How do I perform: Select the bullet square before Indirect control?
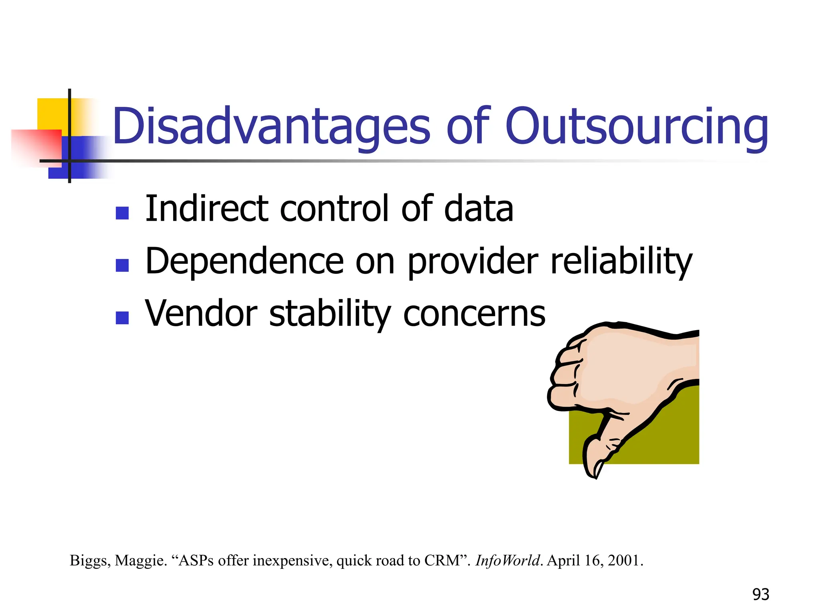click(x=122, y=213)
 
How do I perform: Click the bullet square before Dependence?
click(x=122, y=265)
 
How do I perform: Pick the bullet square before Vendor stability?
click(x=122, y=318)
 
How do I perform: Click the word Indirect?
click(x=206, y=209)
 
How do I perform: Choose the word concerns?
click(x=474, y=314)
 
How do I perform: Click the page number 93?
click(x=761, y=594)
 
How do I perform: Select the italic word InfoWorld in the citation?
click(x=507, y=560)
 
